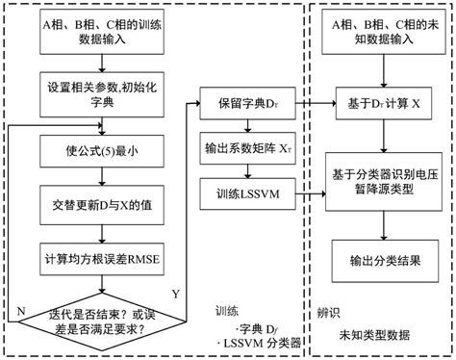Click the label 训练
tap(228, 312)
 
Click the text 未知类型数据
tap(374, 335)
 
